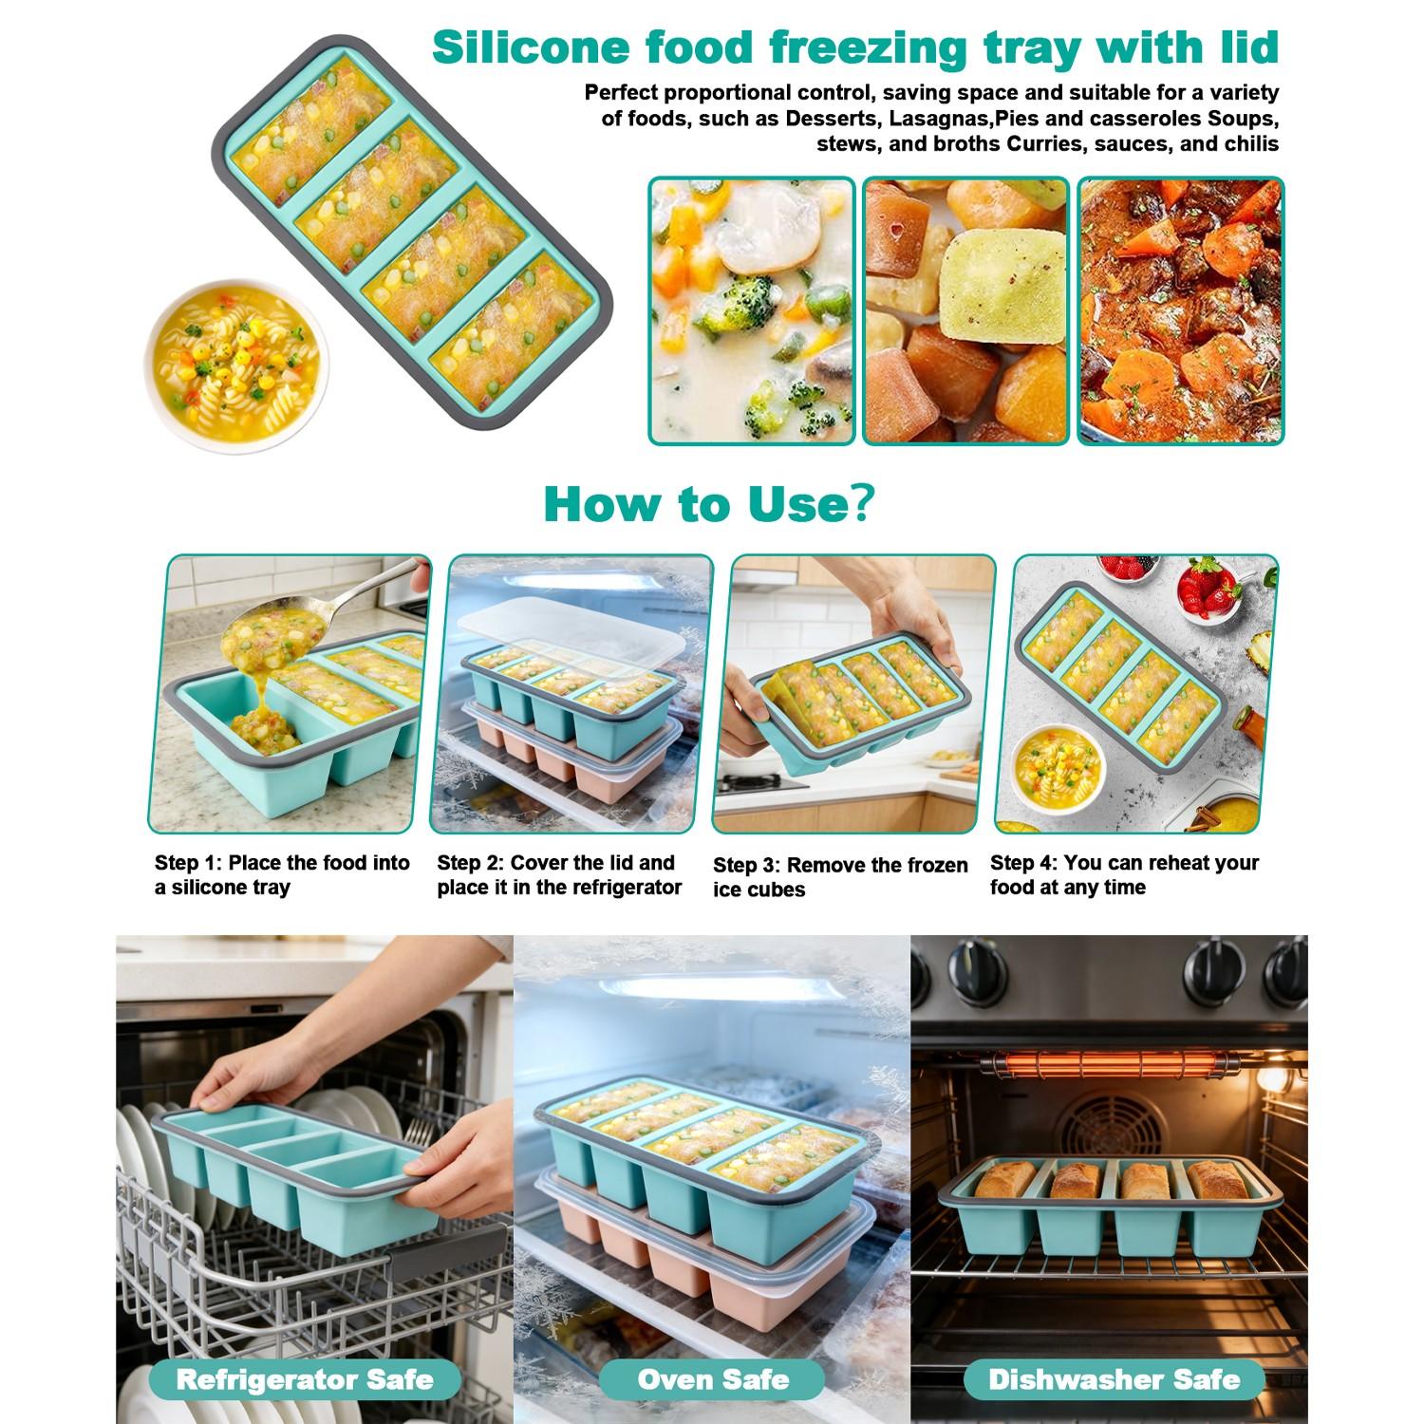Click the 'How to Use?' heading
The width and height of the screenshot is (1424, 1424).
pos(707,503)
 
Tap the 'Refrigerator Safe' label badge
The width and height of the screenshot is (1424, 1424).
pos(305,1378)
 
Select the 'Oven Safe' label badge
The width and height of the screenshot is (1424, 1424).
pos(712,1378)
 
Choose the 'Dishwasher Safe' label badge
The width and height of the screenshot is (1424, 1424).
pos(1114,1378)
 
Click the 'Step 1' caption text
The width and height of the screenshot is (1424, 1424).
pos(282,874)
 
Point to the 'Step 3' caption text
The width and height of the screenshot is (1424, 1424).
pos(839,876)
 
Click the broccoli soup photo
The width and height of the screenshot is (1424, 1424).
pos(751,310)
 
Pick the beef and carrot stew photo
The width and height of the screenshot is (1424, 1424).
pos(1180,310)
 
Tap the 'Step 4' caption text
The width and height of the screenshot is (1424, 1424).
pos(1124,874)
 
